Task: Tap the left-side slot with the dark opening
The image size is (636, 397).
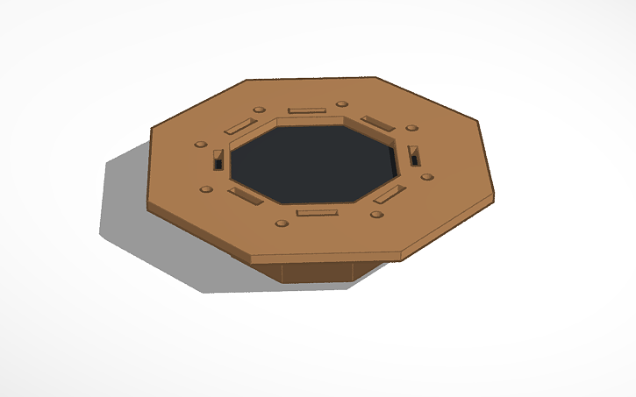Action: [218, 160]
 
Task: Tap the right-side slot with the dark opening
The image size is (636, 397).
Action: [413, 155]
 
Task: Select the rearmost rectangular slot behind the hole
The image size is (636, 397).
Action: [307, 110]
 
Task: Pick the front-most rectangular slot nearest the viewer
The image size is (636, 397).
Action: [317, 212]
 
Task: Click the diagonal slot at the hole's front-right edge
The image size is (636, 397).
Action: [390, 194]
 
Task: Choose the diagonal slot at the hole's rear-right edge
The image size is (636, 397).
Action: [375, 122]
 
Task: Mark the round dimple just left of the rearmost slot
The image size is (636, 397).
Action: [259, 110]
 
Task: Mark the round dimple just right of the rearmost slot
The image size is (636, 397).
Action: [341, 105]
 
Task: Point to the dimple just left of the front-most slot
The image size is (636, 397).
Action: [282, 223]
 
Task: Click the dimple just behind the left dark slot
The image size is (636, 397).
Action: [201, 144]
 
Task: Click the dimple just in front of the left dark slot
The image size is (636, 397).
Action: [206, 188]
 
